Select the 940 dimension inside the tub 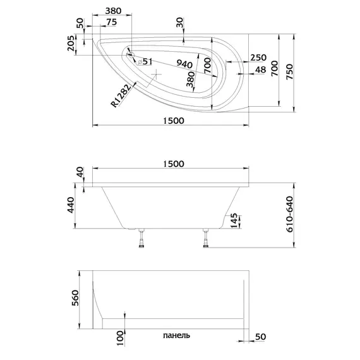(184, 64)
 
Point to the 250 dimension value (258, 57)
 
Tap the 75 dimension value (111, 22)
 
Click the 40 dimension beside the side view (79, 172)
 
